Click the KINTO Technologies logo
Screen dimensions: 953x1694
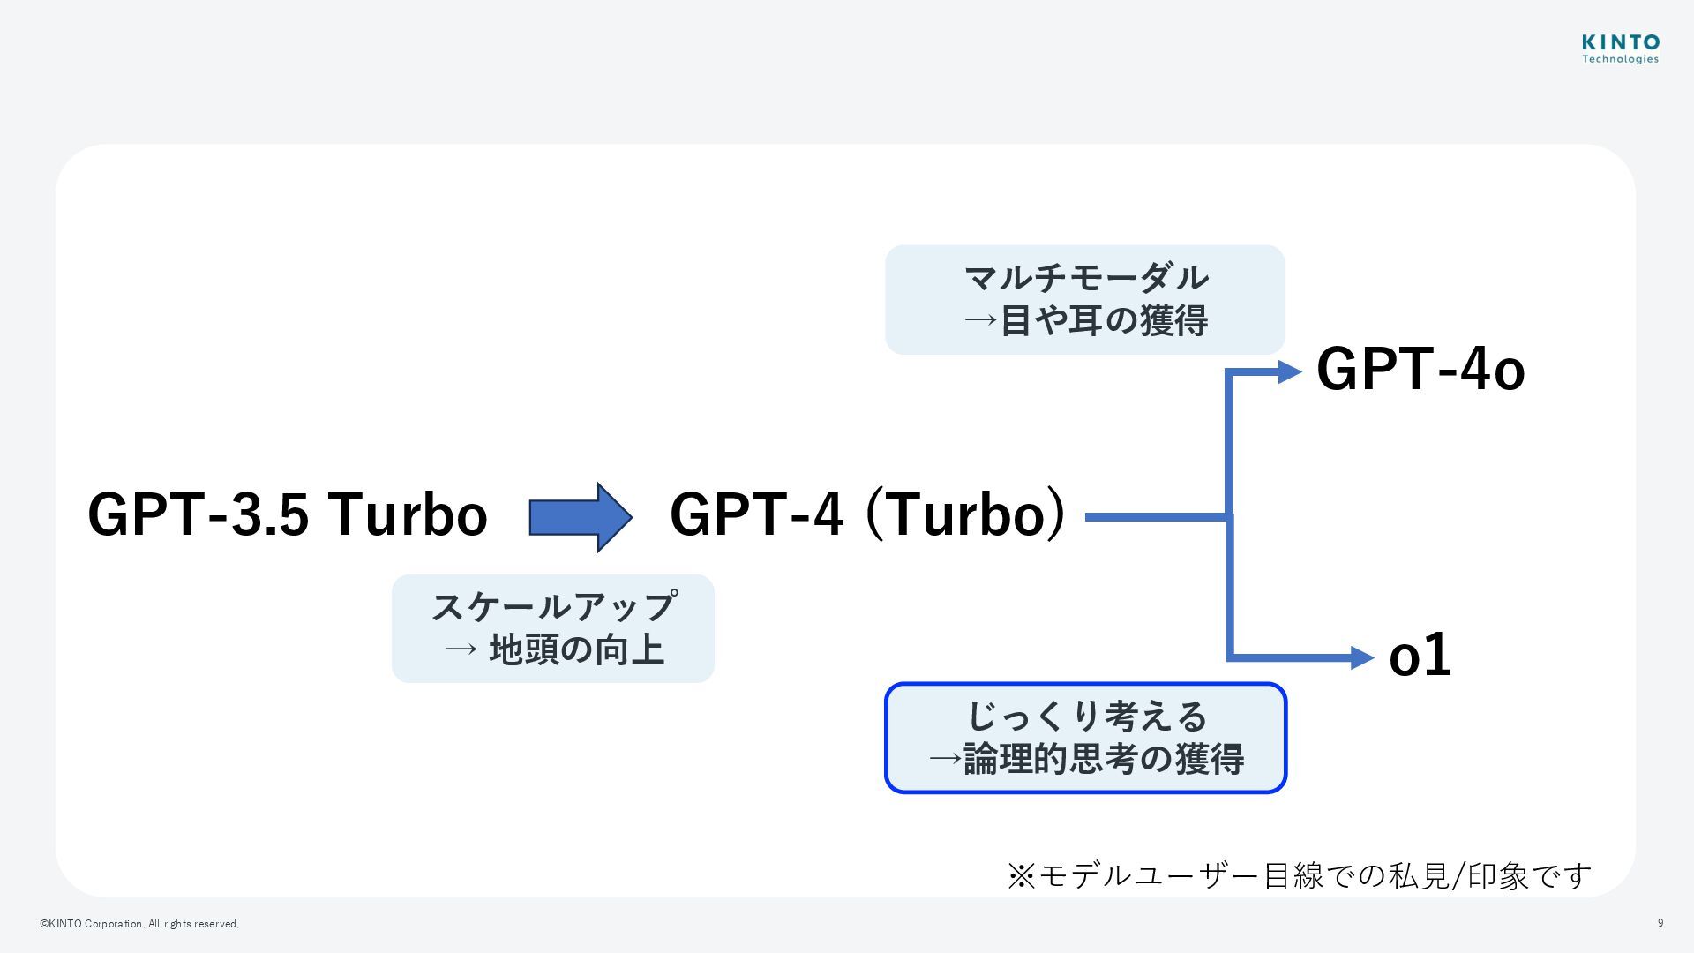pos(1620,48)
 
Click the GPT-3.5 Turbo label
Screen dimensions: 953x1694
pos(288,514)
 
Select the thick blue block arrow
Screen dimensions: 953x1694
pos(580,517)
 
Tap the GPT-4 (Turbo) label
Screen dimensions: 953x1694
pos(867,514)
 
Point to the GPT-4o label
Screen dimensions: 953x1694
pos(1420,369)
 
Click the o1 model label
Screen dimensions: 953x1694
pos(1420,656)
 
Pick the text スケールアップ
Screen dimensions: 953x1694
pos(554,607)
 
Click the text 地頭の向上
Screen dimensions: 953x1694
pos(576,650)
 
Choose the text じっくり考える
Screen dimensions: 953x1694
pos(1086,716)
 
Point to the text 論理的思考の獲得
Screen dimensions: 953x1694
pos(1103,759)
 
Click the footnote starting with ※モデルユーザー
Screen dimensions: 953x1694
pos(1299,875)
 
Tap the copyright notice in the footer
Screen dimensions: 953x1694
pos(139,924)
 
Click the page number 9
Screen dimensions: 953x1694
pos(1660,923)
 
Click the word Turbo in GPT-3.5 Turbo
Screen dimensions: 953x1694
pos(408,514)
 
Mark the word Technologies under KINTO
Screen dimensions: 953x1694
pos(1620,60)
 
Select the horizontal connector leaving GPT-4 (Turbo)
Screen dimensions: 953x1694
pos(1156,517)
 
